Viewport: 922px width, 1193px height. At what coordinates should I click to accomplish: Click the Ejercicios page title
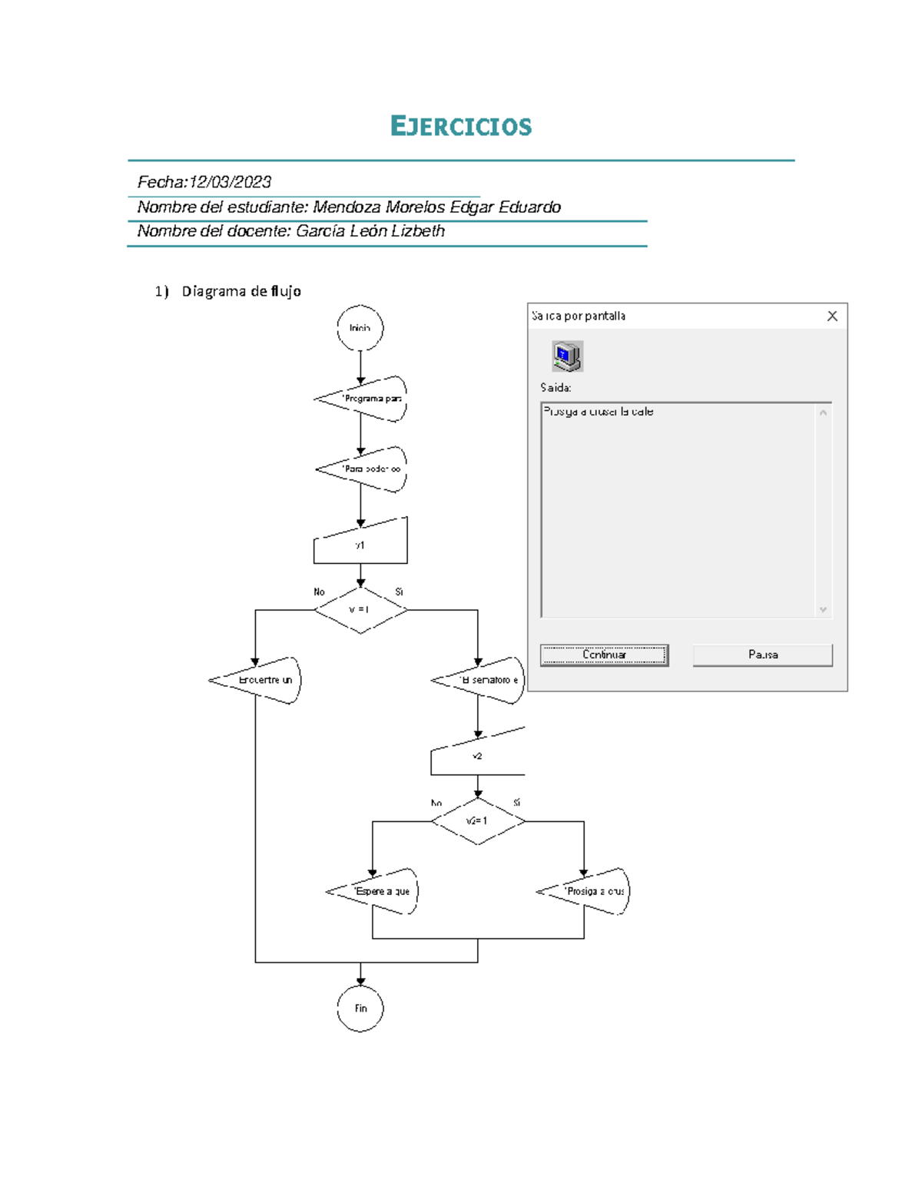[460, 126]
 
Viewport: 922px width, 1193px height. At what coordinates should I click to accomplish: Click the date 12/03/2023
[230, 182]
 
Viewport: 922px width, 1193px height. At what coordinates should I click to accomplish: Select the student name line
[349, 207]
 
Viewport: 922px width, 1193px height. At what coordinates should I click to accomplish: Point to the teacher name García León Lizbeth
[370, 231]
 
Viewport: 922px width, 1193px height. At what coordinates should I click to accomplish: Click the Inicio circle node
[360, 328]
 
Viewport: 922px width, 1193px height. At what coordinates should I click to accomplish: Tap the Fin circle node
[360, 1008]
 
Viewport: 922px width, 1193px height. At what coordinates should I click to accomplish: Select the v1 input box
[360, 544]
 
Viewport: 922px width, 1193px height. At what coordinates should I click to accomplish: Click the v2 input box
[477, 756]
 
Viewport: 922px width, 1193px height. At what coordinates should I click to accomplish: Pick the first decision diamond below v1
[360, 610]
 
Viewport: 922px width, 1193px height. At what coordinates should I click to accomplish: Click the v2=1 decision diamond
[477, 821]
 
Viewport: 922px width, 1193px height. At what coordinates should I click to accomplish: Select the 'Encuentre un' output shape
[261, 680]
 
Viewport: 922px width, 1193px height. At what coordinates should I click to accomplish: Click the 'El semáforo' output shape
[484, 680]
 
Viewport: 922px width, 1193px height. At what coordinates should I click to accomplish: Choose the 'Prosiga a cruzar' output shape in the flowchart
[589, 891]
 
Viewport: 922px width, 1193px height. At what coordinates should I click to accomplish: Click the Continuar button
[604, 655]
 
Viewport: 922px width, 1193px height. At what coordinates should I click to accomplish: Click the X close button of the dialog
[832, 316]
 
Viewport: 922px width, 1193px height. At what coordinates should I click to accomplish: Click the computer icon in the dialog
[567, 356]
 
